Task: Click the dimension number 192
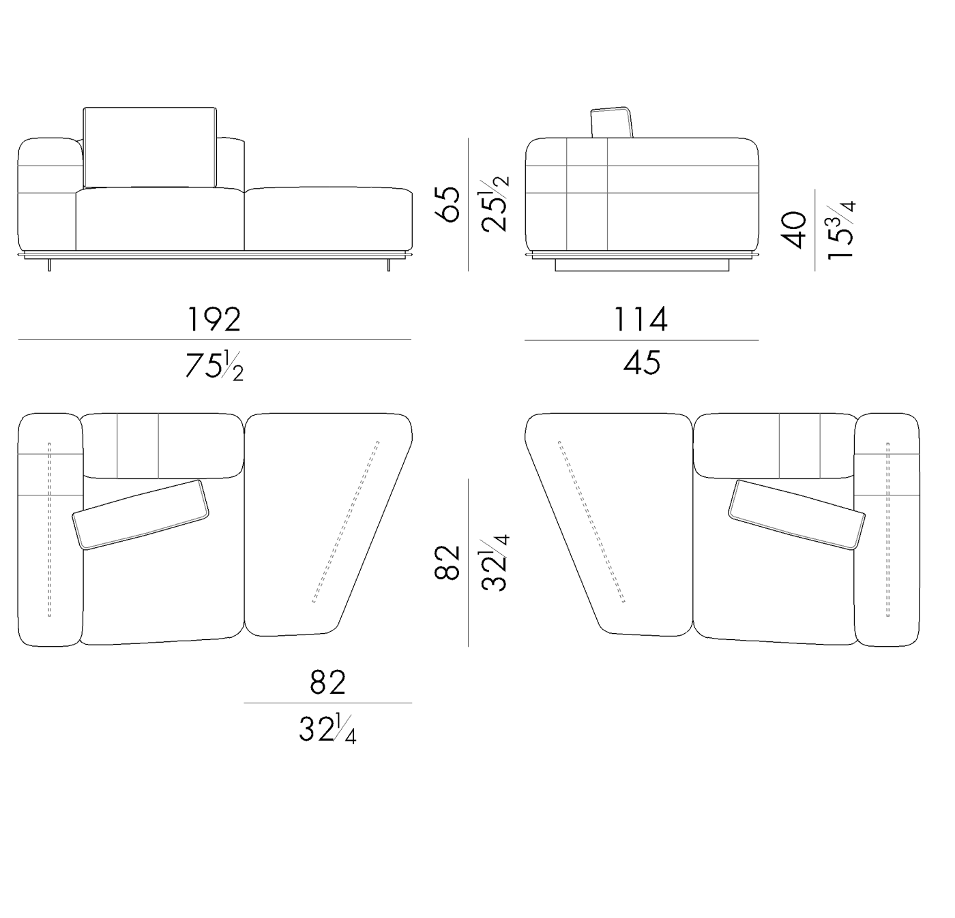click(214, 319)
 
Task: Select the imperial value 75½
click(214, 367)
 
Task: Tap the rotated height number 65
click(448, 204)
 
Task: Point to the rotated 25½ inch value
click(495, 204)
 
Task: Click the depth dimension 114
click(641, 319)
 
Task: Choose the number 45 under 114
click(641, 363)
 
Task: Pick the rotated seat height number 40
click(795, 230)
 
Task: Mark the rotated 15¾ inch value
click(840, 230)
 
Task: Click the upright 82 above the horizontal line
click(327, 682)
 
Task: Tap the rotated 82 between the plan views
click(448, 562)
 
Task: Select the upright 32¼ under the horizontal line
click(327, 730)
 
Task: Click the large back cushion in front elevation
click(149, 147)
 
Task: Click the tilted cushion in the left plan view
click(141, 515)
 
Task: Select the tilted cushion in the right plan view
click(796, 515)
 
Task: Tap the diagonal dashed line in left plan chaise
click(346, 522)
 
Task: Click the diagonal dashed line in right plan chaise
click(591, 522)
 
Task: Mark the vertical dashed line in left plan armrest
click(49, 530)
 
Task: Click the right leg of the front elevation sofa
click(389, 264)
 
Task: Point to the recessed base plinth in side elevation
click(641, 265)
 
